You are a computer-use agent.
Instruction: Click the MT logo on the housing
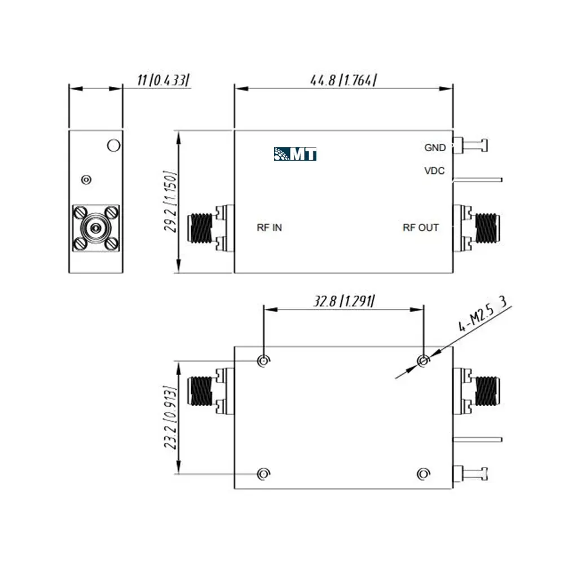coord(295,154)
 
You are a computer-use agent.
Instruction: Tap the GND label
coord(435,147)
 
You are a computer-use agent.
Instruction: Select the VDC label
coord(434,170)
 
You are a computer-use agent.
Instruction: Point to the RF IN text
coord(269,227)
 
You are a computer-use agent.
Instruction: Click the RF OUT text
coord(421,227)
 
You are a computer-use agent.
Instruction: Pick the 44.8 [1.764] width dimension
coord(343,80)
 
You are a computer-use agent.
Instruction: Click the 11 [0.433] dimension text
coord(163,80)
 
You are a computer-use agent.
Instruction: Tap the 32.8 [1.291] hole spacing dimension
coord(344,301)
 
